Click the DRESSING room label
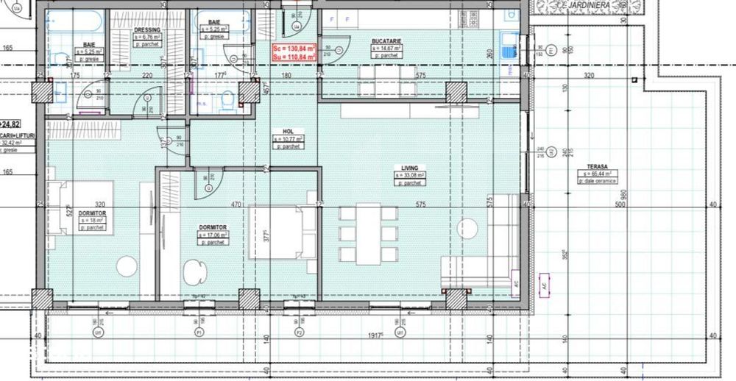[x=147, y=30]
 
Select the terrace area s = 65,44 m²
[x=597, y=174]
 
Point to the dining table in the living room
[x=368, y=233]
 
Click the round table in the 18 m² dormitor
[x=127, y=266]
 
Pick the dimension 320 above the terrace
[x=588, y=75]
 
